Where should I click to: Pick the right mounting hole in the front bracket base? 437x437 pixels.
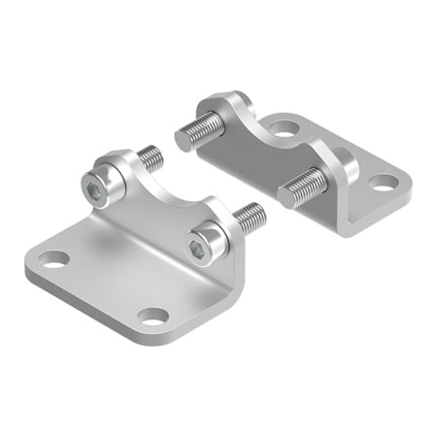(x=151, y=316)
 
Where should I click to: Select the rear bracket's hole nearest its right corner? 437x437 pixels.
(x=381, y=181)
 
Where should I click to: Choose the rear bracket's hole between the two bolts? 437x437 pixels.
(x=284, y=126)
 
